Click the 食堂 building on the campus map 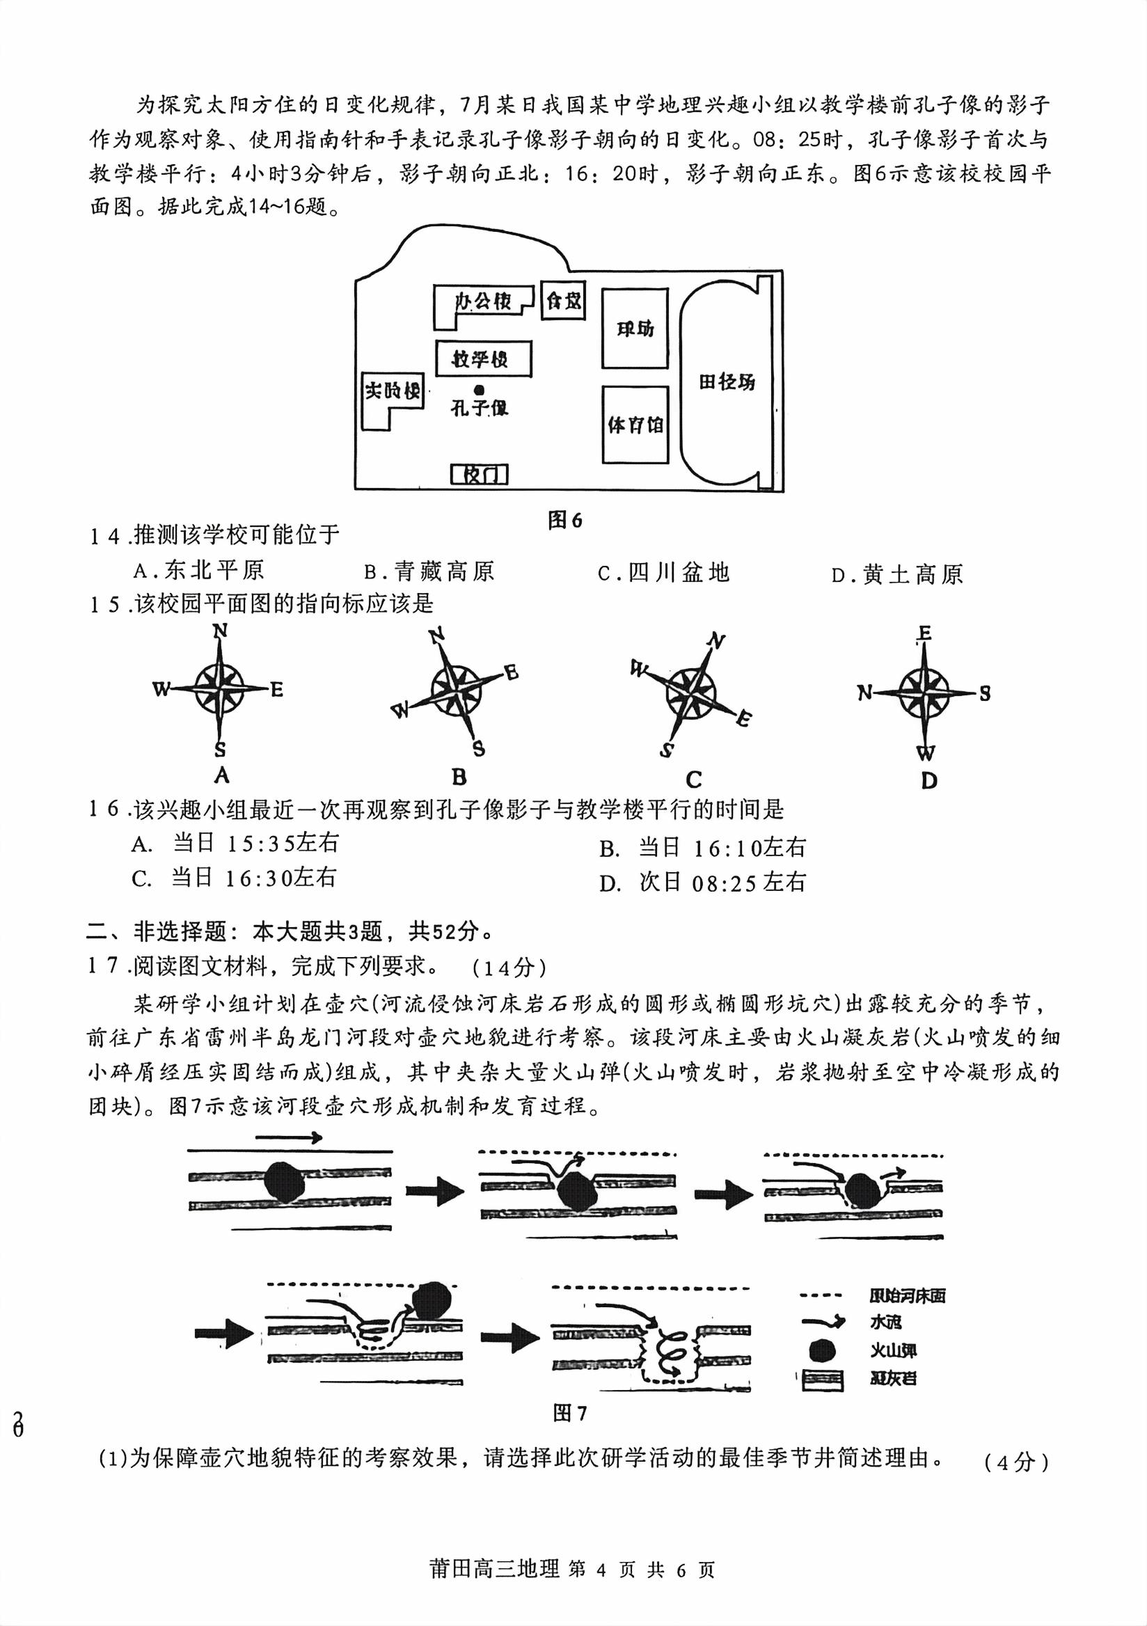(563, 300)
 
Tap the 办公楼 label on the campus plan (483, 301)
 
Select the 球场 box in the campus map (635, 328)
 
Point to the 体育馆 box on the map (635, 424)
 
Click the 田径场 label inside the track (727, 381)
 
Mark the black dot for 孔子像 (480, 389)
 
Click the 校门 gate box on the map (480, 474)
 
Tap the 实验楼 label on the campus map (393, 390)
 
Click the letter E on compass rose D (924, 633)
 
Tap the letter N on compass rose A (220, 631)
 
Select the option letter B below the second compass (459, 778)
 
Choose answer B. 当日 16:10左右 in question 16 (702, 848)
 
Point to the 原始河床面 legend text (907, 1296)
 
